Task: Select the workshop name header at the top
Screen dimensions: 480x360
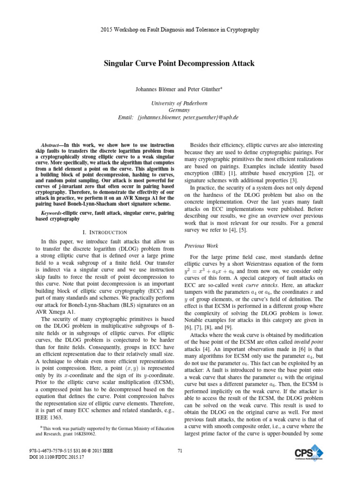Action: [180, 30]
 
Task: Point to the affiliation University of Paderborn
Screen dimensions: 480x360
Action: [180, 103]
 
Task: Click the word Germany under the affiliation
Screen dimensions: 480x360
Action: [180, 110]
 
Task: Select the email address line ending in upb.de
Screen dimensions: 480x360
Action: [180, 117]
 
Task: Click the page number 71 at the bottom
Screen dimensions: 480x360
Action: [180, 451]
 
